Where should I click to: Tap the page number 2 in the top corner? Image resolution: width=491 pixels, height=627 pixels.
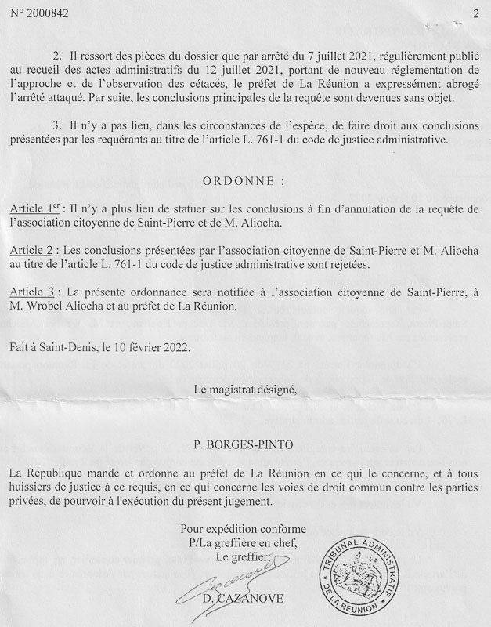pos(475,12)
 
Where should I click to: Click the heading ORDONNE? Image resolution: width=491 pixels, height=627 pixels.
pos(245,180)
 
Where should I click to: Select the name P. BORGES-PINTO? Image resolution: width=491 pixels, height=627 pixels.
pos(245,446)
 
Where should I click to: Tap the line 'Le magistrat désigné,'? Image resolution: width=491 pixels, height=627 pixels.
pos(245,388)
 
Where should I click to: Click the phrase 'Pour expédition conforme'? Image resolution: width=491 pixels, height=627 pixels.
pos(244,529)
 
